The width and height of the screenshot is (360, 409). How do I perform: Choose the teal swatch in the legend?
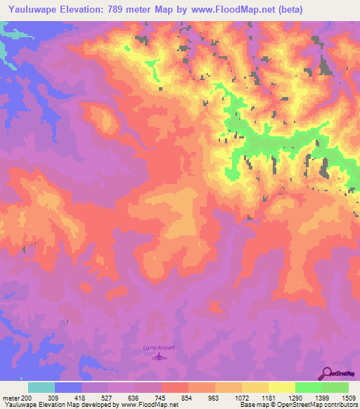point(41,387)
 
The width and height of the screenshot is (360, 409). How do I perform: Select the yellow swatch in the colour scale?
point(282,387)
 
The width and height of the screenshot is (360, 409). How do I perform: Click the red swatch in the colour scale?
point(175,387)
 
